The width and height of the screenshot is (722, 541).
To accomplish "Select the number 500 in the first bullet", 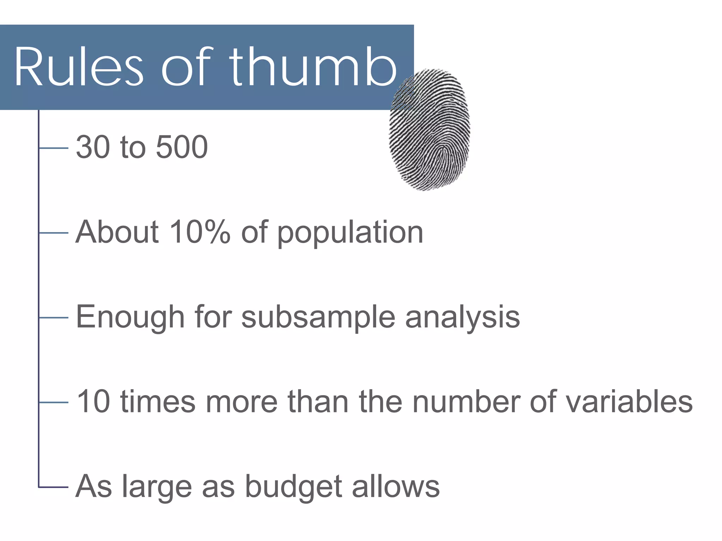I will (182, 147).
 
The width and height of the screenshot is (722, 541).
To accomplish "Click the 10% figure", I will (200, 232).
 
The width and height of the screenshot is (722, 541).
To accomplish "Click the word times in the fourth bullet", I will (158, 402).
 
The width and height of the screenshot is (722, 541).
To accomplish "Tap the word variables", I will (629, 402).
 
